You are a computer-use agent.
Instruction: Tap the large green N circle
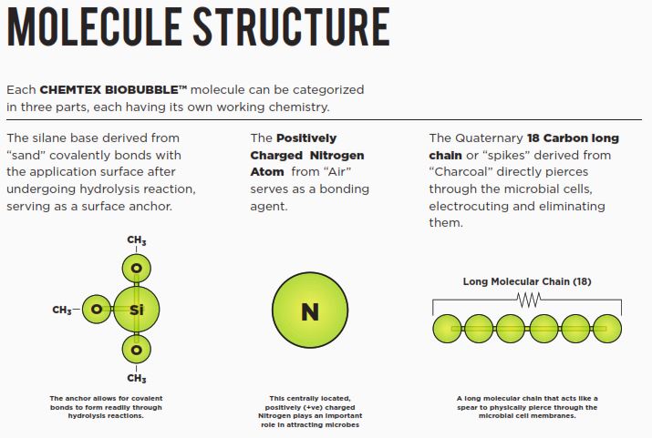coord(310,311)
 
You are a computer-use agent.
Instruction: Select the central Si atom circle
coord(137,310)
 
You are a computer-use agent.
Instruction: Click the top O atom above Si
coord(137,270)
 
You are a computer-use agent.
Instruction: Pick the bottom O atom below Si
coord(137,350)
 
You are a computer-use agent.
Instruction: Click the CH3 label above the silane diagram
coord(137,241)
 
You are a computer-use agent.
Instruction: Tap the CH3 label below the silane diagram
coord(137,378)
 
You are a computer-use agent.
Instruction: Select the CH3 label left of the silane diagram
coord(62,311)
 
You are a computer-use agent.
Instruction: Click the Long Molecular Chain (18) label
coord(527,281)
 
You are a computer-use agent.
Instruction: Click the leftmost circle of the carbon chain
coord(448,328)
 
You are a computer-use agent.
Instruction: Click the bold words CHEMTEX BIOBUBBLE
coord(114,90)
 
